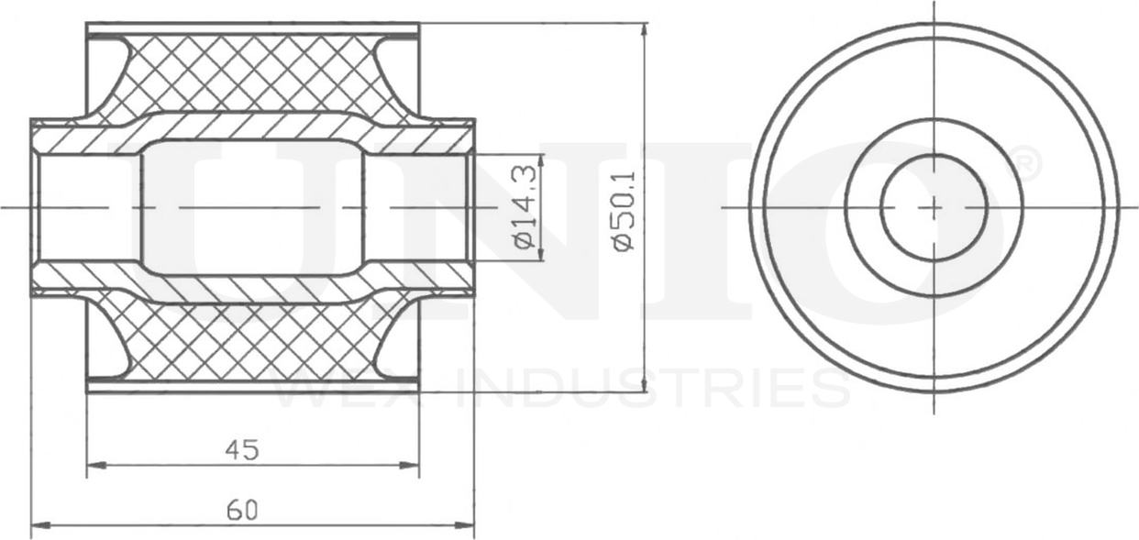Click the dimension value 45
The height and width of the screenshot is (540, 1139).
[242, 449]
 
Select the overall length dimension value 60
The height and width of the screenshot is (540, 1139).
[242, 510]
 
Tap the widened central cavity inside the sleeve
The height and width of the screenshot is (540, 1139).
[252, 207]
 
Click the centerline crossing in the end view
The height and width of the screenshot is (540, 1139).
[934, 207]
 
